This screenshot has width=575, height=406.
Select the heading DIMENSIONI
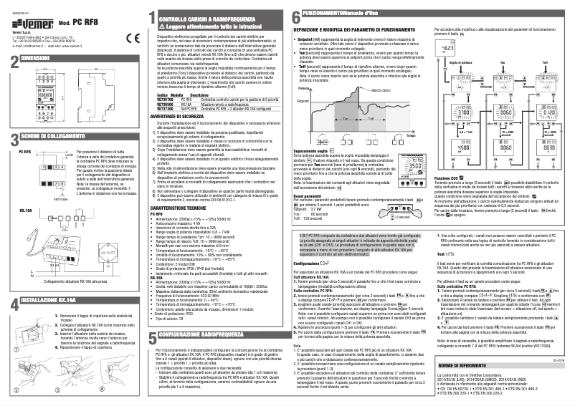pyautogui.click(x=39, y=57)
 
